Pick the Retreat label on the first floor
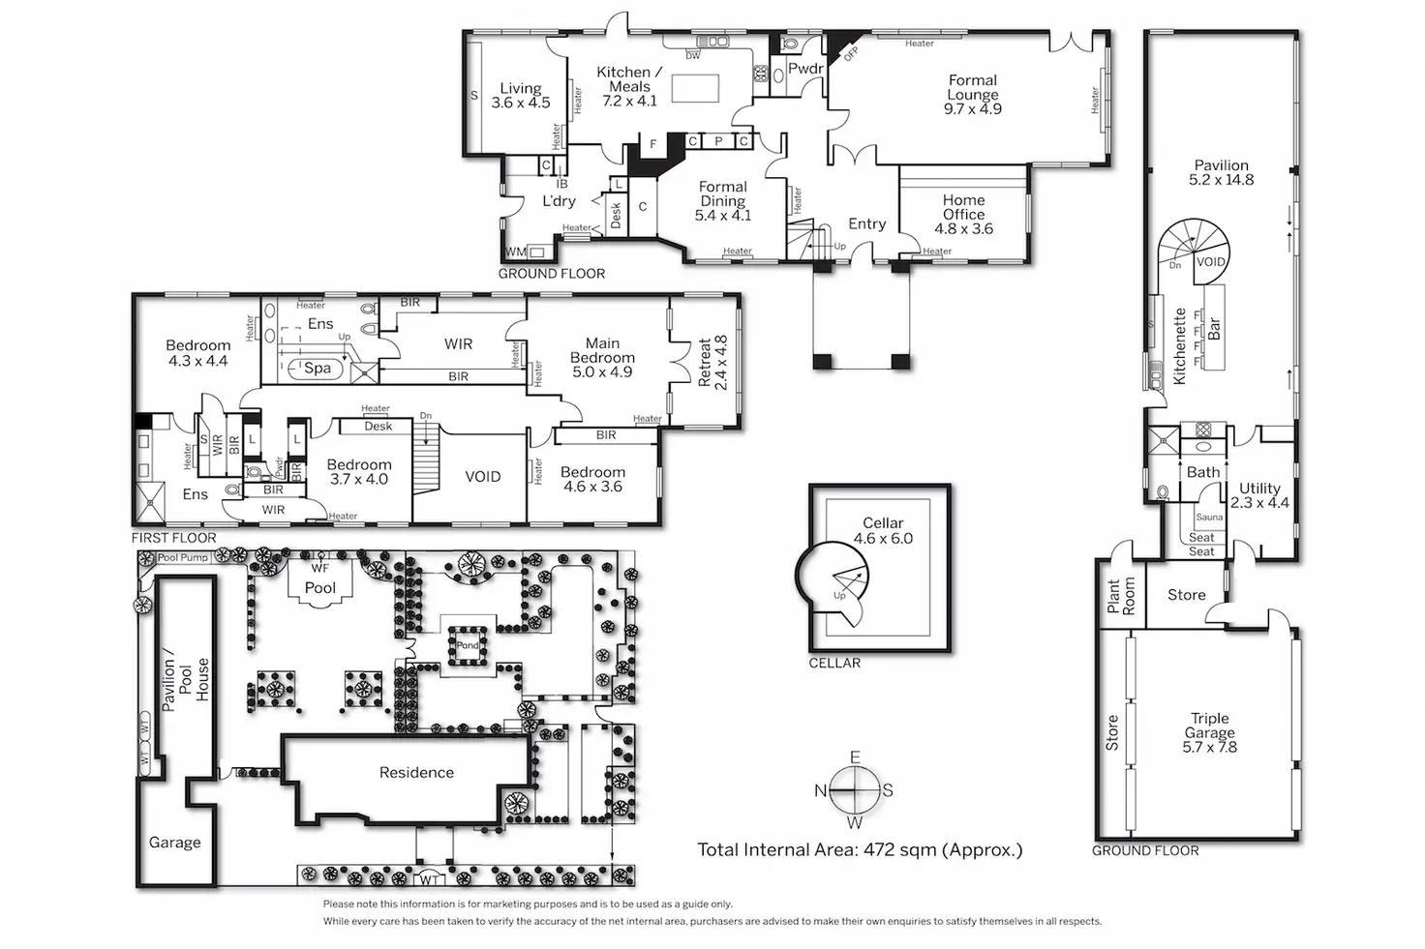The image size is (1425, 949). (705, 363)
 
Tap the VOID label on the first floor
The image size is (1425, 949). (482, 476)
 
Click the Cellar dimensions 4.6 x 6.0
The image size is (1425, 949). (883, 539)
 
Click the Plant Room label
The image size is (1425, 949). (1120, 597)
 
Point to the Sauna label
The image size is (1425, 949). (1209, 518)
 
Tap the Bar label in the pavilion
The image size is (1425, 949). (1214, 327)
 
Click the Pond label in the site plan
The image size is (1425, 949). (468, 645)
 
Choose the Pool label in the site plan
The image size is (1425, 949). (320, 587)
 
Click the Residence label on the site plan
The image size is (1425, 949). (416, 772)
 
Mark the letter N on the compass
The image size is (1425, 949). (821, 790)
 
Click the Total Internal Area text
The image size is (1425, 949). (860, 850)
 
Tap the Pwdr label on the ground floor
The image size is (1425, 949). (805, 69)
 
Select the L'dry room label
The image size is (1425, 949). (559, 201)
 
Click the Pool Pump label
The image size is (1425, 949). (183, 557)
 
